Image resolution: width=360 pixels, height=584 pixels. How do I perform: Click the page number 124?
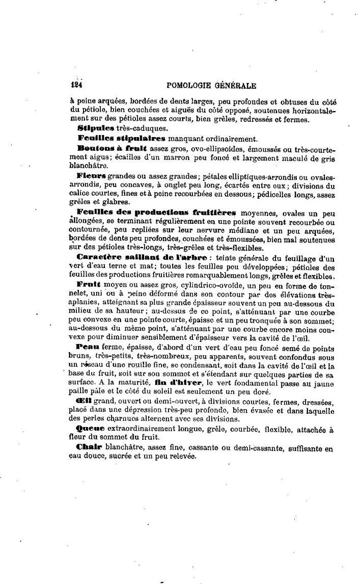[77, 86]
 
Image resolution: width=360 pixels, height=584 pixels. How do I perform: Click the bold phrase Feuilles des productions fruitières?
[156, 211]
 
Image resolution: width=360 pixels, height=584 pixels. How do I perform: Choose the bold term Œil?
[84, 401]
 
